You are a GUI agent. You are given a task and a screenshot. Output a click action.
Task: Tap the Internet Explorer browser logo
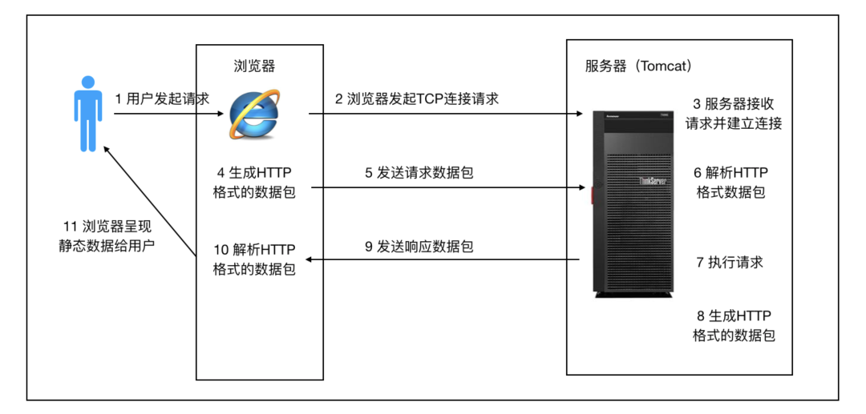(x=254, y=114)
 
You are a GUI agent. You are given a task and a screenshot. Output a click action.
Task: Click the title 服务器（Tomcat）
(x=638, y=66)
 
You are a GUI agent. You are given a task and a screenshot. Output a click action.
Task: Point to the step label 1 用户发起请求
(x=162, y=98)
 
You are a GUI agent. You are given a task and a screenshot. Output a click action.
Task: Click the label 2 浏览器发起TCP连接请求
(x=416, y=98)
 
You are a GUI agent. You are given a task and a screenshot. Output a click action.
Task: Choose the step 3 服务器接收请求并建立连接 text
(x=734, y=114)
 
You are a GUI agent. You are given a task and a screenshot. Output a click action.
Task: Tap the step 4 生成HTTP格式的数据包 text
(x=254, y=183)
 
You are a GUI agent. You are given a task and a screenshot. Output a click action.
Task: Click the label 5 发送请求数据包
(x=419, y=172)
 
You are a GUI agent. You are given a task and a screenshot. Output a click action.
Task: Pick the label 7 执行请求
(x=730, y=262)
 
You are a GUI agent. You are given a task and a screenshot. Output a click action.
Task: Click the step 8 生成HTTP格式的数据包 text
(x=733, y=326)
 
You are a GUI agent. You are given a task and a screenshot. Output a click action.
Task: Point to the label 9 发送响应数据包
(x=419, y=247)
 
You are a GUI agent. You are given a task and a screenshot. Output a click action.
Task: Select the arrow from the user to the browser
(x=168, y=114)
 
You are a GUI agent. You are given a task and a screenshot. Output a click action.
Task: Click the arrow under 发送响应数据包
(x=445, y=259)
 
